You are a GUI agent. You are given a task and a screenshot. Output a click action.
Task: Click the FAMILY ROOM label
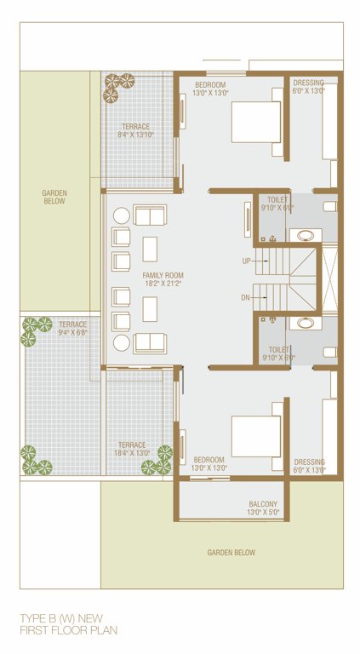coord(163,275)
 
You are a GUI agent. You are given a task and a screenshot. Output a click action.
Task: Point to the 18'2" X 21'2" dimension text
coord(163,284)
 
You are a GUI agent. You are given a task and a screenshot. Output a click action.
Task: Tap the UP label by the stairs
coord(246,261)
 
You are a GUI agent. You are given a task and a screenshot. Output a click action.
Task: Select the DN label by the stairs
coord(246,297)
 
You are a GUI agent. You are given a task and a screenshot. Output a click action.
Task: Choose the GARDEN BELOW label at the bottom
coord(231,553)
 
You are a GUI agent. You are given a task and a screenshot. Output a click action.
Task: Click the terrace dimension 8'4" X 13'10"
coord(135,135)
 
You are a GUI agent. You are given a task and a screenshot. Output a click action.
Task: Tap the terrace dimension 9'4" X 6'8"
coord(72,332)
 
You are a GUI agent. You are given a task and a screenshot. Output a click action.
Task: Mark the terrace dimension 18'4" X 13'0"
coord(132,453)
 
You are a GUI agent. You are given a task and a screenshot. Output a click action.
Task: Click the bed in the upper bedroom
coord(254,122)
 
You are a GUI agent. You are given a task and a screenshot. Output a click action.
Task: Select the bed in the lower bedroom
coord(254,436)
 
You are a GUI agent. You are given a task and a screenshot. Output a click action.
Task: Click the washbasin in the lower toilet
coord(300,324)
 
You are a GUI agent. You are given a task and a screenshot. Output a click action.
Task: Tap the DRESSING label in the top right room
coord(308,83)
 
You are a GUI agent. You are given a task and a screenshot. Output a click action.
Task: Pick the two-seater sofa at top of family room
coord(150,215)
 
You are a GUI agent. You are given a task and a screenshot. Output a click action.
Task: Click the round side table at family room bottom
coord(122,342)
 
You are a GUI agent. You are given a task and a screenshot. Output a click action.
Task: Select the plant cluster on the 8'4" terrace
coord(118,83)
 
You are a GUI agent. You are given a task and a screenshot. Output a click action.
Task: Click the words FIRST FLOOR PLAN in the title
coord(68,630)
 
